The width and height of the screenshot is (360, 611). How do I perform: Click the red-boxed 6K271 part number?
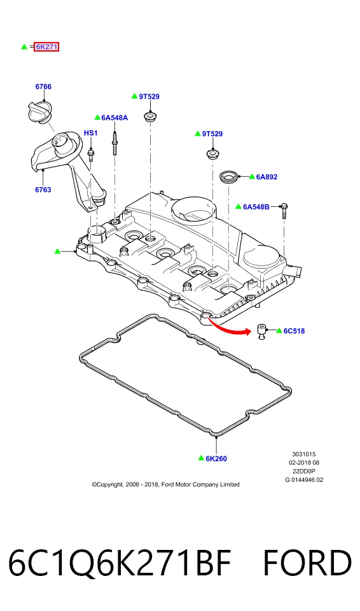46,46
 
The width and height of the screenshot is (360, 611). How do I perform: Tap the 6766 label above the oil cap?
43,87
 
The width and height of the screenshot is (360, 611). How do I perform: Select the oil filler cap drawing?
38,112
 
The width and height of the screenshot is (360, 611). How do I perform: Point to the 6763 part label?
43,190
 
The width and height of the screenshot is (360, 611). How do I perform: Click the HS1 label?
91,133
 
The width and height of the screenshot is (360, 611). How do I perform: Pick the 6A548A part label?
114,118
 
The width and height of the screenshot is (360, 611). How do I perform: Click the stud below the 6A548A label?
115,144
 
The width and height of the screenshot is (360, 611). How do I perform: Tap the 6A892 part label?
267,177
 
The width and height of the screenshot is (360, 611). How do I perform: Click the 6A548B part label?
256,207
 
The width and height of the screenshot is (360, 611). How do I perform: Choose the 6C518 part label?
294,331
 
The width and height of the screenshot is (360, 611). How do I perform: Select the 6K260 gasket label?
216,459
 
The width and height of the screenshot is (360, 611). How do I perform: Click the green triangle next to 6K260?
201,458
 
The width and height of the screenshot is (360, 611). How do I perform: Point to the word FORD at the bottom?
307,563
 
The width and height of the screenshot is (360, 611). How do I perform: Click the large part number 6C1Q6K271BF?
120,563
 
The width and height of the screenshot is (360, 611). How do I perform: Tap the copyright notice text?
165,485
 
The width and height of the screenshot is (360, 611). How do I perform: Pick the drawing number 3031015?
304,454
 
